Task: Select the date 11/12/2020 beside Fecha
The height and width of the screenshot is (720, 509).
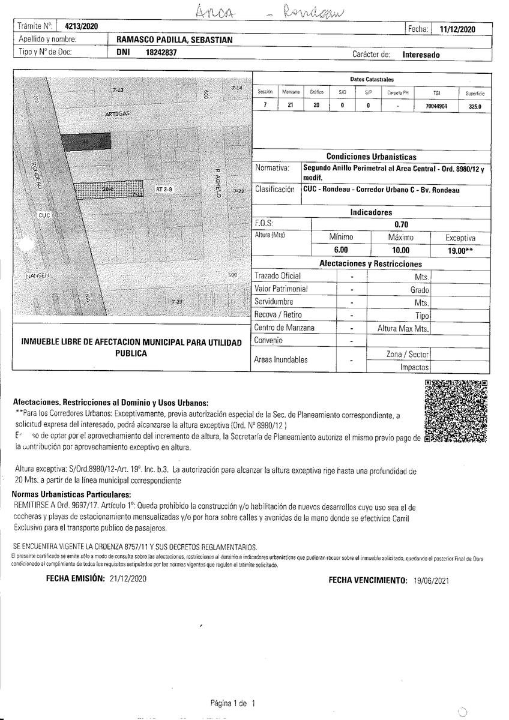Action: coord(457,28)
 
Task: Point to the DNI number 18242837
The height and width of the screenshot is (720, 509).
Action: coord(161,53)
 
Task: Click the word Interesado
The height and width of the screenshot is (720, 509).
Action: coord(421,54)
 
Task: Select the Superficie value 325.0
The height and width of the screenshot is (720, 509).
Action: coord(474,106)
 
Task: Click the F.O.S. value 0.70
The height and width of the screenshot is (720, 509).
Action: coord(401,223)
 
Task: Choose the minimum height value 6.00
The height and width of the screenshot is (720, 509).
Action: coord(340,250)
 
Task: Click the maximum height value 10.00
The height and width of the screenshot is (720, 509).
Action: coord(400,250)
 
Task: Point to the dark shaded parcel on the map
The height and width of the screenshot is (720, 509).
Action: coord(86,142)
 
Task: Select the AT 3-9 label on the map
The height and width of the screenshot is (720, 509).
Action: coord(164,189)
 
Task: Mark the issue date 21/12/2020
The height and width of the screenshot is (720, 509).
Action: coord(128,579)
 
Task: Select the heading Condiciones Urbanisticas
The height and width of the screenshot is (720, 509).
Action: coord(371,157)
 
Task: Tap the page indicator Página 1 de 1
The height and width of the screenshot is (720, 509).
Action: coord(233,703)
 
